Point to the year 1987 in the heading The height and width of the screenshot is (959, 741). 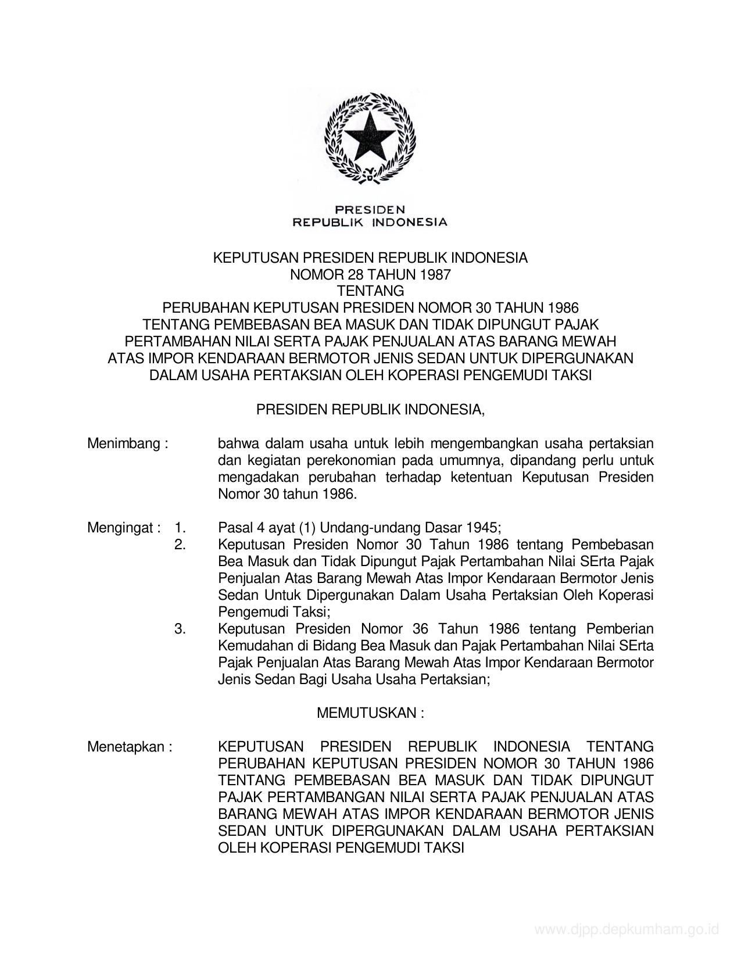point(436,275)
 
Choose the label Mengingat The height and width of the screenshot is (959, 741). point(124,528)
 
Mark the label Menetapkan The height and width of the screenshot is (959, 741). point(130,747)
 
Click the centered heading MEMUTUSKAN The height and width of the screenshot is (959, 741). point(370,713)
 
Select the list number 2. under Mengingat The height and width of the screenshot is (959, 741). point(180,545)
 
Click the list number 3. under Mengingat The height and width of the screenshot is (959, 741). point(180,629)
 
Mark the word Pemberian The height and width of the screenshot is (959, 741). point(620,629)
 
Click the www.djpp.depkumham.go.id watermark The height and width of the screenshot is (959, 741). point(627,929)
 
